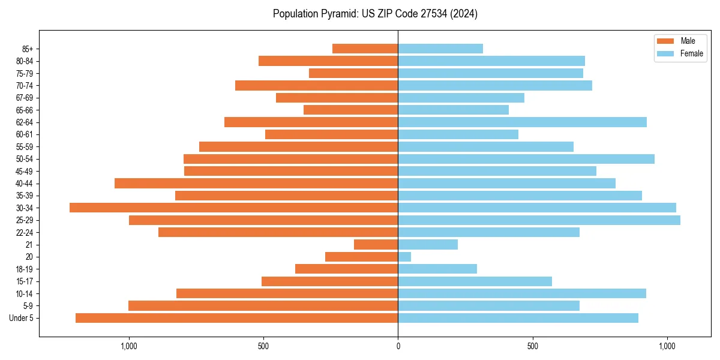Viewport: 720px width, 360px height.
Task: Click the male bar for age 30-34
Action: [234, 208]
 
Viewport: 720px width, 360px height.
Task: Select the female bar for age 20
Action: [404, 257]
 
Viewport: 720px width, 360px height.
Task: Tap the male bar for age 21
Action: [376, 244]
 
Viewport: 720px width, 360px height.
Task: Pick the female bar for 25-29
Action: [539, 220]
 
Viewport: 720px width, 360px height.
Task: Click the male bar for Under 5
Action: [237, 318]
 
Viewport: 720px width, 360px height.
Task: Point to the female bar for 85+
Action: [440, 49]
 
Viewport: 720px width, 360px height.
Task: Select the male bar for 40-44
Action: [256, 183]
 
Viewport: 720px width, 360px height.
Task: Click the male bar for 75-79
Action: [353, 73]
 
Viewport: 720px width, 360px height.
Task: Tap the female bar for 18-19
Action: [437, 269]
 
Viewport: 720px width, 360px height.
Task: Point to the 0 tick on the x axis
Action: [398, 346]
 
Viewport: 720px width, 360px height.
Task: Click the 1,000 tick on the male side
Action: [129, 346]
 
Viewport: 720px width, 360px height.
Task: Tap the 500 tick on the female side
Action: [532, 346]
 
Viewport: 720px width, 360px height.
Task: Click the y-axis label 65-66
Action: [25, 110]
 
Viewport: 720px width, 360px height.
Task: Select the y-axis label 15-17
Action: [25, 281]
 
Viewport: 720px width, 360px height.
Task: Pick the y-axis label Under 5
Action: [22, 318]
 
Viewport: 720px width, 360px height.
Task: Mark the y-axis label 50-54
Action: [25, 159]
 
